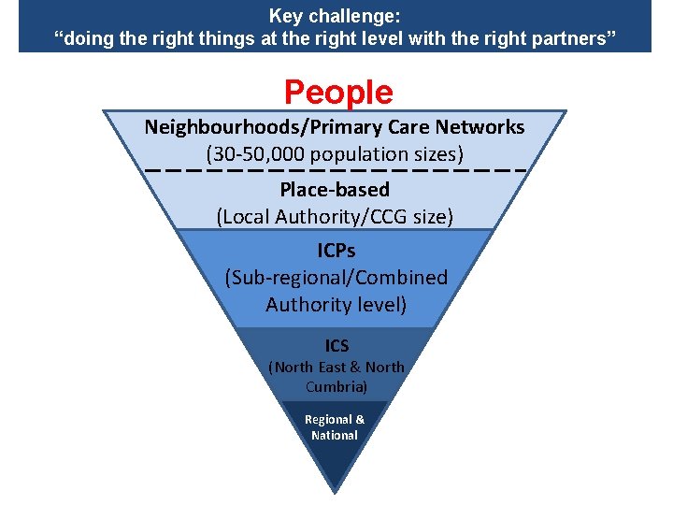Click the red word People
(x=338, y=93)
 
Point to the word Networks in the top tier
(x=480, y=127)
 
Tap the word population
(x=358, y=154)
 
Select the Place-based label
(x=335, y=190)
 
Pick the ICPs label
(x=336, y=252)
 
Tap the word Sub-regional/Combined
(x=336, y=278)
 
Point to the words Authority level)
(x=336, y=305)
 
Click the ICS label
(x=336, y=347)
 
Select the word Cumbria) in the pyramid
(x=336, y=386)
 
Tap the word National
(x=335, y=435)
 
